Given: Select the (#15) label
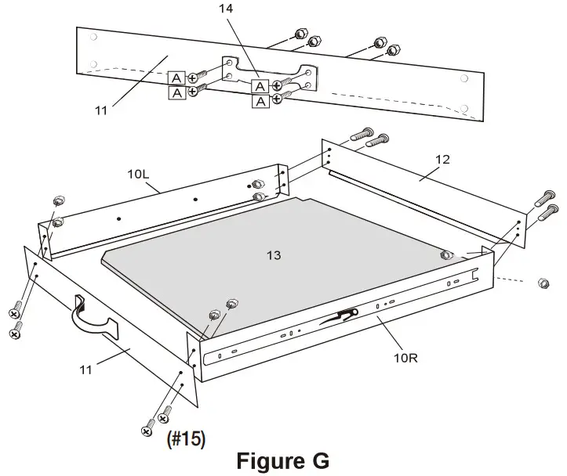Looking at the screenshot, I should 186,439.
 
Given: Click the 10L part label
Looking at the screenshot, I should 139,173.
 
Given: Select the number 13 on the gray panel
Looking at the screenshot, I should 274,255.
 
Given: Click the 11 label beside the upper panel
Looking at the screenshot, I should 100,110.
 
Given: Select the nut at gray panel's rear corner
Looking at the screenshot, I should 445,254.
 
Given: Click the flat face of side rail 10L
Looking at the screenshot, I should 157,207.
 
